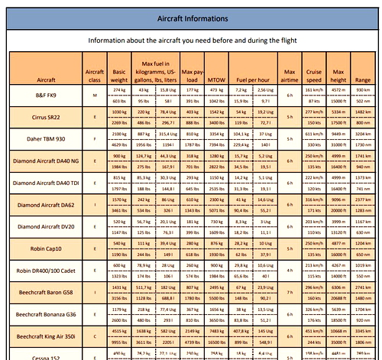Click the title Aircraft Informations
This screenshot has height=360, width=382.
point(191,18)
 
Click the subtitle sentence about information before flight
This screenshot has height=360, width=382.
point(192,40)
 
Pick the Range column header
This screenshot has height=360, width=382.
point(363,79)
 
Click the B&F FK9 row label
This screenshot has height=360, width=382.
point(45,96)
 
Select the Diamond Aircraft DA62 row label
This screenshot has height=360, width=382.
point(45,206)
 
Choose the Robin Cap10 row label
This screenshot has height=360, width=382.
point(45,249)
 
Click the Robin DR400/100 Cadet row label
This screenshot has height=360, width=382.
point(45,271)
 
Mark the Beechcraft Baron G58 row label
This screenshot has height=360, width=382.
point(45,293)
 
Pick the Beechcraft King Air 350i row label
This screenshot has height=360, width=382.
point(45,336)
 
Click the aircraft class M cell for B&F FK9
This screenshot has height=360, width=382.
point(95,96)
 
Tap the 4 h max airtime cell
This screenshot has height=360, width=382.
point(290,271)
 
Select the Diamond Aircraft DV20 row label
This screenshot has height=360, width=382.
point(45,227)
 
